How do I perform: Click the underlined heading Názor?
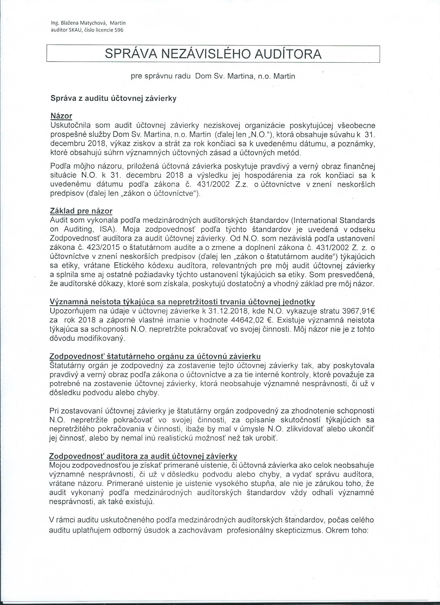pyautogui.click(x=61, y=116)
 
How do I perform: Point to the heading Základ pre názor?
pyautogui.click(x=81, y=211)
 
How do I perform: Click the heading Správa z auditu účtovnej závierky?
pyautogui.click(x=113, y=99)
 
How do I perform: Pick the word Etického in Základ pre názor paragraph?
pyautogui.click(x=133, y=266)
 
